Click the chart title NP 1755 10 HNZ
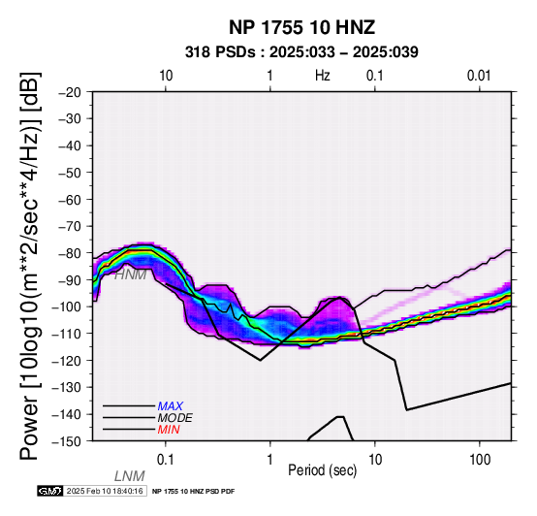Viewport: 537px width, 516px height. point(301,27)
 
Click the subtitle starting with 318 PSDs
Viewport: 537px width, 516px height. point(301,52)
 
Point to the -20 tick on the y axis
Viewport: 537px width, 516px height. point(70,92)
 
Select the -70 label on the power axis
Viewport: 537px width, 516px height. point(70,227)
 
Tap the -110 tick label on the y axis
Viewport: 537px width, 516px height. point(67,334)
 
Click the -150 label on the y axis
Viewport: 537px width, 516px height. point(67,441)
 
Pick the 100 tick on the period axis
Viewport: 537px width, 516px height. point(480,460)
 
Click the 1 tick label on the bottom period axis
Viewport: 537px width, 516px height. point(270,460)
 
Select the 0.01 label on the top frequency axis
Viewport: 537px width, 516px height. point(479,76)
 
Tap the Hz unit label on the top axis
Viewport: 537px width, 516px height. point(322,76)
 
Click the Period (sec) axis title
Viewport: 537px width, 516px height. point(322,470)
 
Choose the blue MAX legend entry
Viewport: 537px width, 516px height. point(170,406)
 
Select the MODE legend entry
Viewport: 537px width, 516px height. point(174,418)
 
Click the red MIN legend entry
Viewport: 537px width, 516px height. point(169,430)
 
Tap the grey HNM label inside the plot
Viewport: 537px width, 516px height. point(130,274)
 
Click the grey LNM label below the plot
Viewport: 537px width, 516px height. point(130,476)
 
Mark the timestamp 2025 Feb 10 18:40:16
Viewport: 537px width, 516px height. point(105,492)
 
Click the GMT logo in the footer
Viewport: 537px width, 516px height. point(50,492)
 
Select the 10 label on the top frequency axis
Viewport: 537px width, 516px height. point(166,76)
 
